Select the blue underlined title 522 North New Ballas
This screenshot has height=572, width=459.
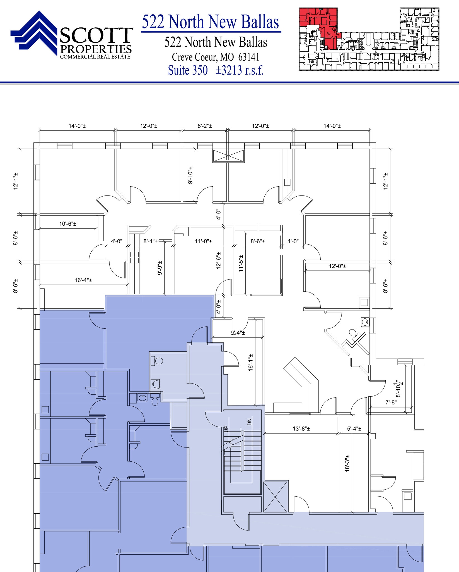(211, 22)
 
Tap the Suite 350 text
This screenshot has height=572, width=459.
(188, 70)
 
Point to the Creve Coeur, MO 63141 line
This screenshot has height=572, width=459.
(216, 57)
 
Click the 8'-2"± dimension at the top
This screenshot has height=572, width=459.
(205, 126)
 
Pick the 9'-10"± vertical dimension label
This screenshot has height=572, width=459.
(191, 175)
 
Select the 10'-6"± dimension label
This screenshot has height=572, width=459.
(68, 224)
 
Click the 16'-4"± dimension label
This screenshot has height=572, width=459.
(83, 280)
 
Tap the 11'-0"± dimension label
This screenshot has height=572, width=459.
(204, 241)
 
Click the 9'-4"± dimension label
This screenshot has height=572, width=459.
(238, 333)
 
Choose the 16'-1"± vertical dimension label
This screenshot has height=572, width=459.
(251, 363)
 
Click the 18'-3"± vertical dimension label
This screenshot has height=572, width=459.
(347, 463)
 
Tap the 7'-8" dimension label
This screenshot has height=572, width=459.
(391, 402)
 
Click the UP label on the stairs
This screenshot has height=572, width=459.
(226, 429)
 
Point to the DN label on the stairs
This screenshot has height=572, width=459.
(250, 422)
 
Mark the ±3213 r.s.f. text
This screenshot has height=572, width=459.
(240, 70)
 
